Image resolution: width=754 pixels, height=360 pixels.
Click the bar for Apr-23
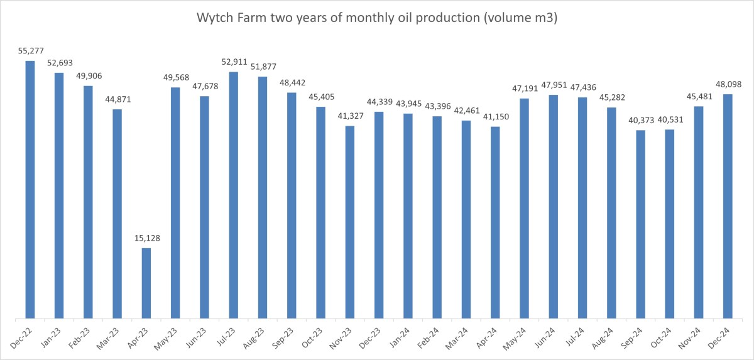(146, 283)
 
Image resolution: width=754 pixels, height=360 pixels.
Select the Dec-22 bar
(30, 188)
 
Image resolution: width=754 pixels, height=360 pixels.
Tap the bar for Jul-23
(234, 195)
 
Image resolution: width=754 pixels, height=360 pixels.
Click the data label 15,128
(146, 238)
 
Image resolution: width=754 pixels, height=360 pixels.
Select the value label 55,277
(30, 50)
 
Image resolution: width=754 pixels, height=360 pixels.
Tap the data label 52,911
(234, 62)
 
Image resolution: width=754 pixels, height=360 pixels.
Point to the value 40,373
(640, 120)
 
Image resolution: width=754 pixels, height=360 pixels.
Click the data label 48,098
(728, 84)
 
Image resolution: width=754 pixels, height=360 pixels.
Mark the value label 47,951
(554, 85)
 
